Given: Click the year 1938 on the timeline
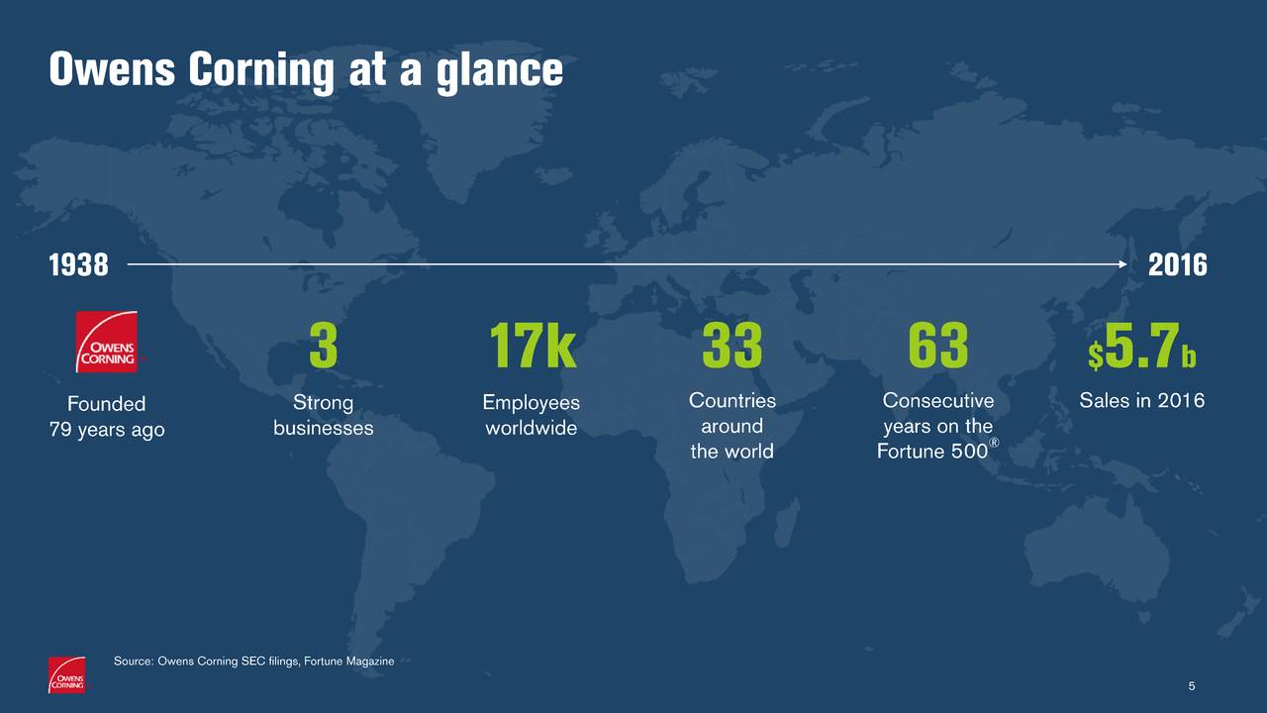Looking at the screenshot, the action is [x=78, y=264].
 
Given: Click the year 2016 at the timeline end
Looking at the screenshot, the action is [x=1178, y=264].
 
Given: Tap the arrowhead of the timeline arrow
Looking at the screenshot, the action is [x=1122, y=264].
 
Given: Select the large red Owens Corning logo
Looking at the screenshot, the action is [x=107, y=342].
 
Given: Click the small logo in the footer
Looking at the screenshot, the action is [x=66, y=674].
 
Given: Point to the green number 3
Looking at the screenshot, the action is [x=324, y=346].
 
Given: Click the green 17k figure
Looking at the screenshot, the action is [x=533, y=346].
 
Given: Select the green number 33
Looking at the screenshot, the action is [x=731, y=346].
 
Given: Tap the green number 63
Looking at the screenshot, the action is [x=937, y=346].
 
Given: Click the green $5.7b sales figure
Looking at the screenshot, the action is [x=1142, y=347].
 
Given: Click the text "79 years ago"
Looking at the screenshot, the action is [x=107, y=430].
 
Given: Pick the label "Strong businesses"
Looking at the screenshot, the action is [x=324, y=415].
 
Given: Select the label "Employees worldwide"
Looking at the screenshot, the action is [x=532, y=415].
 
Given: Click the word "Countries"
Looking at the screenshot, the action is [x=731, y=401].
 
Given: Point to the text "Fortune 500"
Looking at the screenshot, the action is [x=932, y=451].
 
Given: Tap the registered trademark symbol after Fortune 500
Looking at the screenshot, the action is [x=994, y=443].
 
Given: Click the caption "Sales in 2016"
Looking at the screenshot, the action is [x=1142, y=401].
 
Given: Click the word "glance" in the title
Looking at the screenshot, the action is [x=500, y=70].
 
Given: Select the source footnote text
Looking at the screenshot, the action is [x=254, y=661].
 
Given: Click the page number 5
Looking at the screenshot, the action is [x=1192, y=686].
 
